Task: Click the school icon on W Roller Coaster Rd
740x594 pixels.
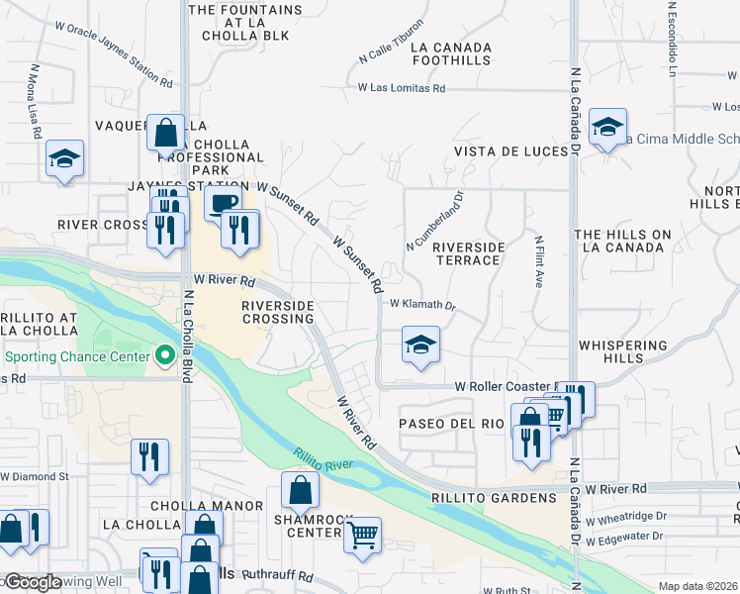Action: click(420, 346)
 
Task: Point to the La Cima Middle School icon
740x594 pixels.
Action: click(607, 127)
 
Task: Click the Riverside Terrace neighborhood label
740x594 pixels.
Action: click(469, 253)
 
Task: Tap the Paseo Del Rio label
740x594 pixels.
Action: click(451, 423)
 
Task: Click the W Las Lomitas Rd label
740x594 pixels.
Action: click(402, 88)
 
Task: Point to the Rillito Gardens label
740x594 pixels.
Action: click(495, 497)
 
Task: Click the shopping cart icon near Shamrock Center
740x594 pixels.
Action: click(363, 536)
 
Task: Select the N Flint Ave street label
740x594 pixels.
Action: click(539, 260)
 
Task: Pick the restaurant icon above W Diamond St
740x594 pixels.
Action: click(149, 456)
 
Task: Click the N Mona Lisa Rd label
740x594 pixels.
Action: click(36, 101)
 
